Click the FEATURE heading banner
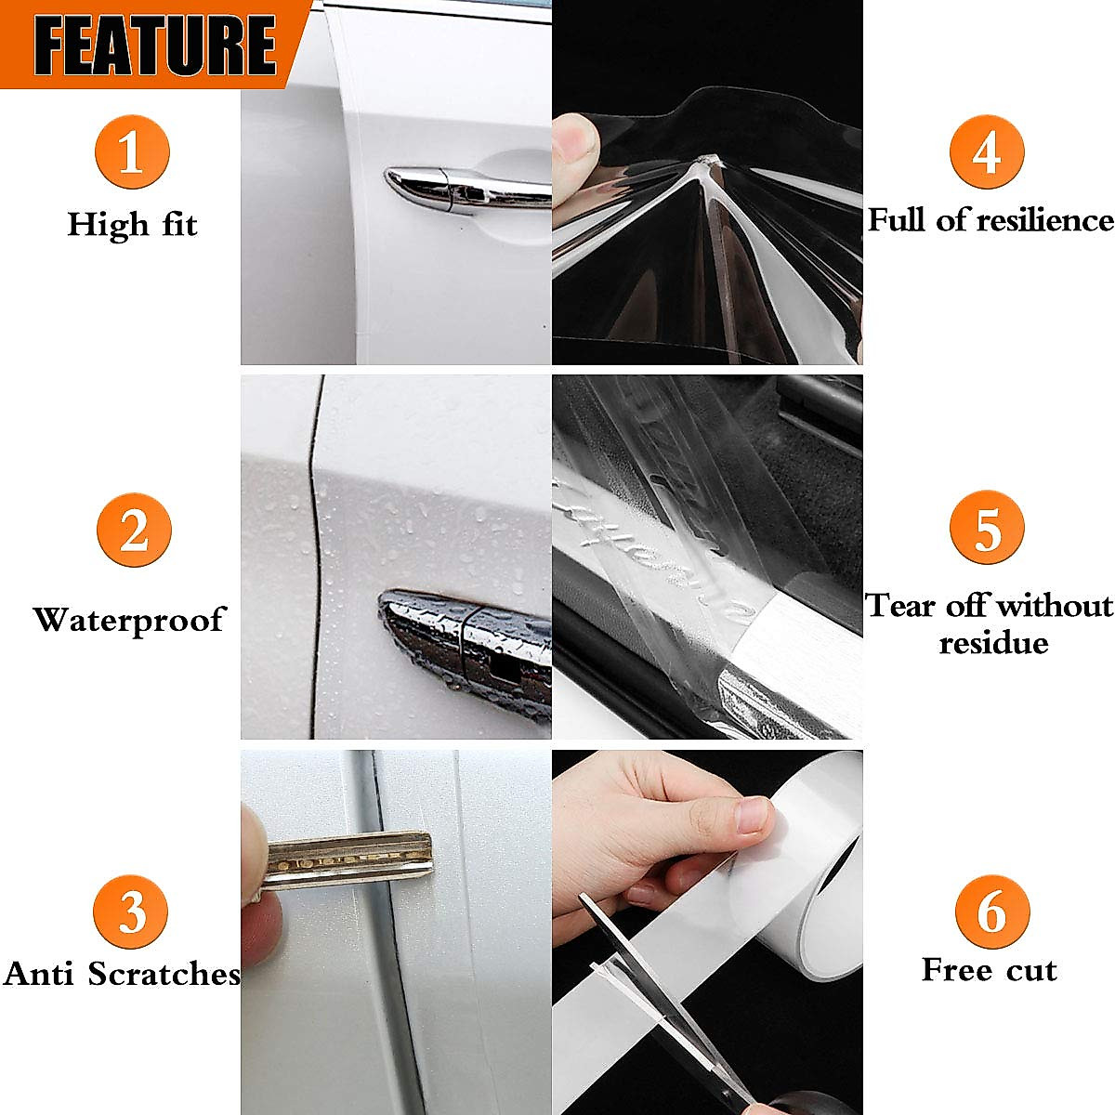click(x=153, y=43)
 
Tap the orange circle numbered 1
click(x=131, y=152)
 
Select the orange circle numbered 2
click(x=134, y=531)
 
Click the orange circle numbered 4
click(x=986, y=152)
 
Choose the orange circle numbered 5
click(x=987, y=529)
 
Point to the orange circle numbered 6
click(x=991, y=912)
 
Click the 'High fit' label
click(x=132, y=225)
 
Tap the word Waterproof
click(x=129, y=620)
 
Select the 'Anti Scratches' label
click(x=121, y=974)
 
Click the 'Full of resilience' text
click(x=990, y=220)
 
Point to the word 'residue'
click(x=992, y=643)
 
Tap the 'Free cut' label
click(x=989, y=970)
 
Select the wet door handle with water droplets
click(x=465, y=650)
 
